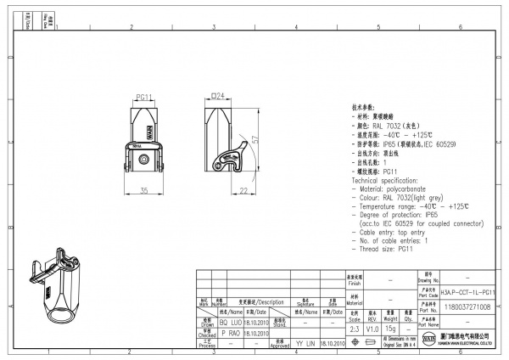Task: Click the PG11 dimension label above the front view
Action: [143, 98]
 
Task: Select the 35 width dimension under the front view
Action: [144, 189]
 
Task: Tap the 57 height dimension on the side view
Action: [255, 138]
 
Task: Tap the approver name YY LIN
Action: [304, 343]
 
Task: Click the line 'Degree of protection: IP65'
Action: [399, 214]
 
